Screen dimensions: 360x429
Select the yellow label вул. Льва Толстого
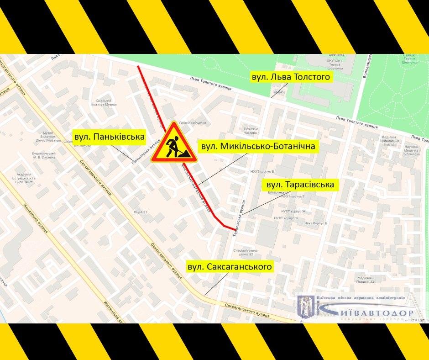tap(291, 77)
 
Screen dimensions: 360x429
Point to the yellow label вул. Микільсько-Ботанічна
tap(258, 147)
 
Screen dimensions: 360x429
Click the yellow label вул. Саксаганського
tap(229, 266)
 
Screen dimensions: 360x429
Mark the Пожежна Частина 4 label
tap(251, 130)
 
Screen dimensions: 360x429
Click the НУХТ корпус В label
tap(262, 171)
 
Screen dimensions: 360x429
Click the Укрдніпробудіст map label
tap(192, 123)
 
